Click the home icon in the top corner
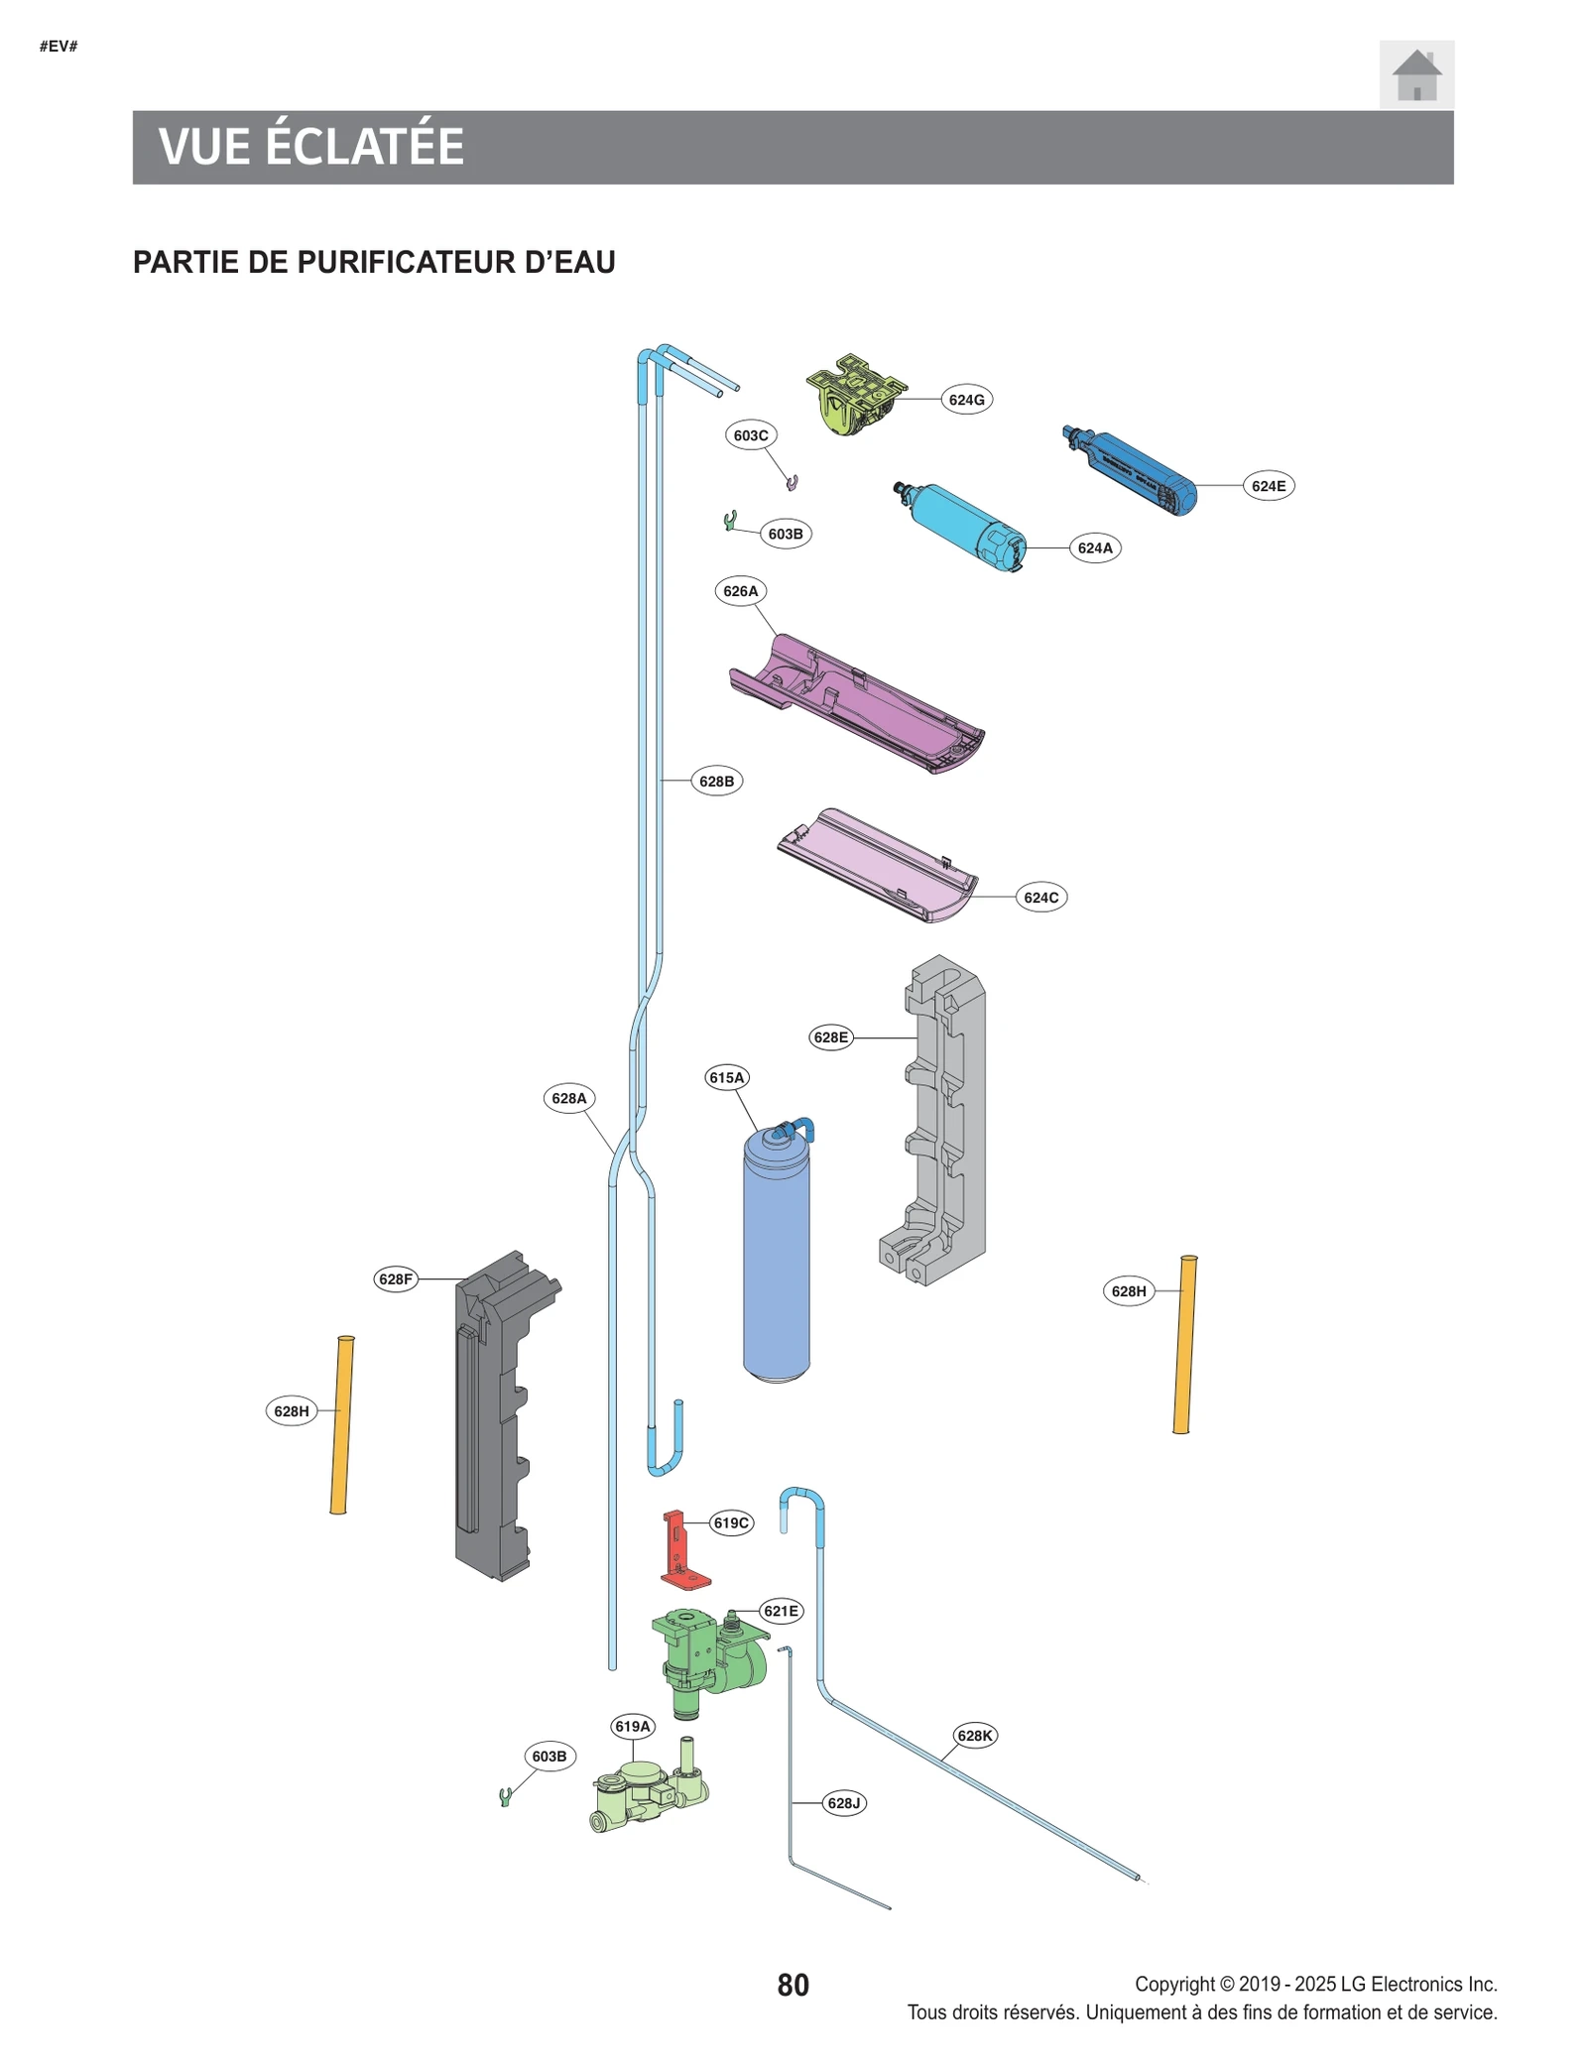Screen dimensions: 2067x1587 tap(1415, 74)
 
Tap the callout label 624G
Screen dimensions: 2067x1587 tap(965, 400)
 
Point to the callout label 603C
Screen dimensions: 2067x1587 tap(750, 435)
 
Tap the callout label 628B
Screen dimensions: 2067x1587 tap(716, 782)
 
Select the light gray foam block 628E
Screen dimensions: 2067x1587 tap(942, 1121)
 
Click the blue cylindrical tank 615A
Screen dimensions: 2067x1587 tap(777, 1260)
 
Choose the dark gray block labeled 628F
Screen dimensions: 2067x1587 tap(496, 1418)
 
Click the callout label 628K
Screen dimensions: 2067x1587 tap(974, 1736)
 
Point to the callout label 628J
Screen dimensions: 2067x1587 tap(843, 1803)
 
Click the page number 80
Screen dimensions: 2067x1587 tap(793, 1985)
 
